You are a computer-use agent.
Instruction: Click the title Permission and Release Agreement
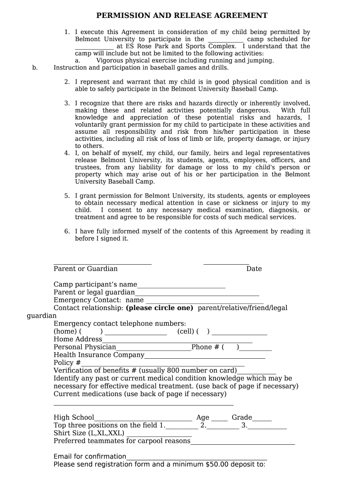[x=182, y=16]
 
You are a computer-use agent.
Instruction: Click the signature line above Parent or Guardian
[x=103, y=264]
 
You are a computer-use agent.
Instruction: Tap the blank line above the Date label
[x=226, y=264]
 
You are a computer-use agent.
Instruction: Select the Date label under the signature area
[x=254, y=269]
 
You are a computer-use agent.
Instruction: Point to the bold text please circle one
[x=160, y=308]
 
